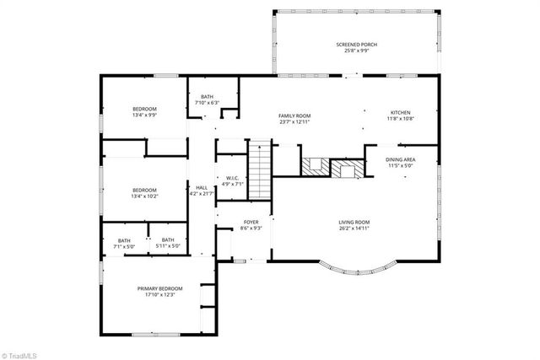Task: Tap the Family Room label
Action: (295, 116)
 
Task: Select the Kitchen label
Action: (400, 112)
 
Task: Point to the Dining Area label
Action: (400, 159)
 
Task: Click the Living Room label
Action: (354, 223)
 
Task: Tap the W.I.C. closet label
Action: (230, 178)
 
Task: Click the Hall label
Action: (202, 188)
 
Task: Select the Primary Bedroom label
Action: (160, 288)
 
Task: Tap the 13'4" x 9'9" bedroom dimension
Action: (145, 116)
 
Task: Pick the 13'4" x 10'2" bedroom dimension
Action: (145, 196)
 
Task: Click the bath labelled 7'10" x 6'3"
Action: (208, 99)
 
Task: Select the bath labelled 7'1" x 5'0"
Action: (124, 244)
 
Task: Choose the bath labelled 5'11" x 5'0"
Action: (169, 244)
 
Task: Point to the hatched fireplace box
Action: (347, 169)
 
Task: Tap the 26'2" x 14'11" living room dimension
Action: (354, 228)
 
